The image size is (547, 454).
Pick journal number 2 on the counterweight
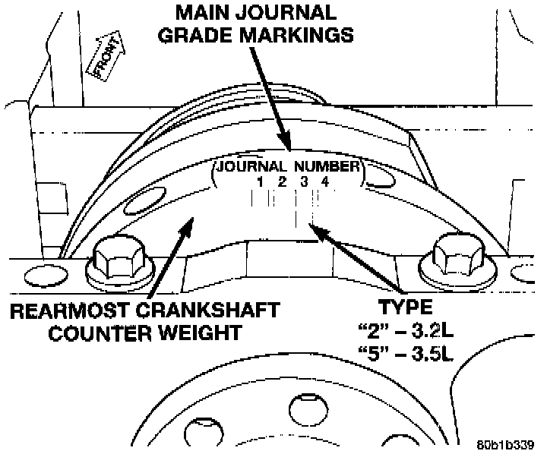pyautogui.click(x=281, y=181)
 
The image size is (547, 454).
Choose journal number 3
pyautogui.click(x=302, y=181)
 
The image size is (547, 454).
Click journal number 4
pyautogui.click(x=324, y=181)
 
